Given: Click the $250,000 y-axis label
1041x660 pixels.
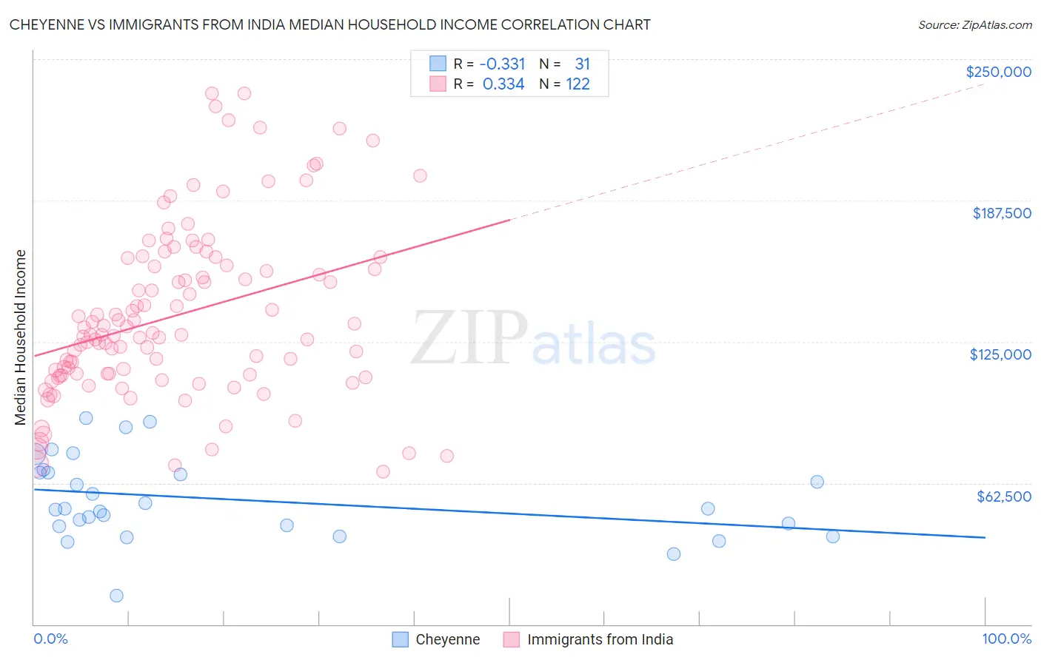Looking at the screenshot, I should (998, 72).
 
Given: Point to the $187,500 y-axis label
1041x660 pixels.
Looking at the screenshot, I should (1001, 213).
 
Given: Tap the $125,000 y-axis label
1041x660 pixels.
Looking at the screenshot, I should (1000, 354).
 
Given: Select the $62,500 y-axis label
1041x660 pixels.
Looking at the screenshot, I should (1003, 496).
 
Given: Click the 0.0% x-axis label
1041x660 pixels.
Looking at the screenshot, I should (50, 639).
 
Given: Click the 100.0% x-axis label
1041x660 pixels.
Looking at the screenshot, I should (1006, 639).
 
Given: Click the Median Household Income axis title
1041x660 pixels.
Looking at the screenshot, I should (20, 337).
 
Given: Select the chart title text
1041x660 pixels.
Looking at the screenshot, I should (330, 24).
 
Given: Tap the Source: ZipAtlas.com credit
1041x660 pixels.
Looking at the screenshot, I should (974, 25).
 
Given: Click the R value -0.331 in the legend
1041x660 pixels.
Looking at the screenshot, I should (502, 64).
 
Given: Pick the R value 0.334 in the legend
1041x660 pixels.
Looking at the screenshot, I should (503, 84).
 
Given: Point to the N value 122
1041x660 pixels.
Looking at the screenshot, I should (578, 84).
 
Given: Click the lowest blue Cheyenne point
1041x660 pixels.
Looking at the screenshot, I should (116, 596).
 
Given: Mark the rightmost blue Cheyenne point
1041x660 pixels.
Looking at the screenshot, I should (833, 536).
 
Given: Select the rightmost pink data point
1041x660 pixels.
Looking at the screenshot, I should (446, 456).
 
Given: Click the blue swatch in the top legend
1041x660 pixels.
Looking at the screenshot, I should (438, 64).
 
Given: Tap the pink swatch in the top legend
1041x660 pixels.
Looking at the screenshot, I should (438, 84).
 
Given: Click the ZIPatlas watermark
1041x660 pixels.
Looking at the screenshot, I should (533, 339).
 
